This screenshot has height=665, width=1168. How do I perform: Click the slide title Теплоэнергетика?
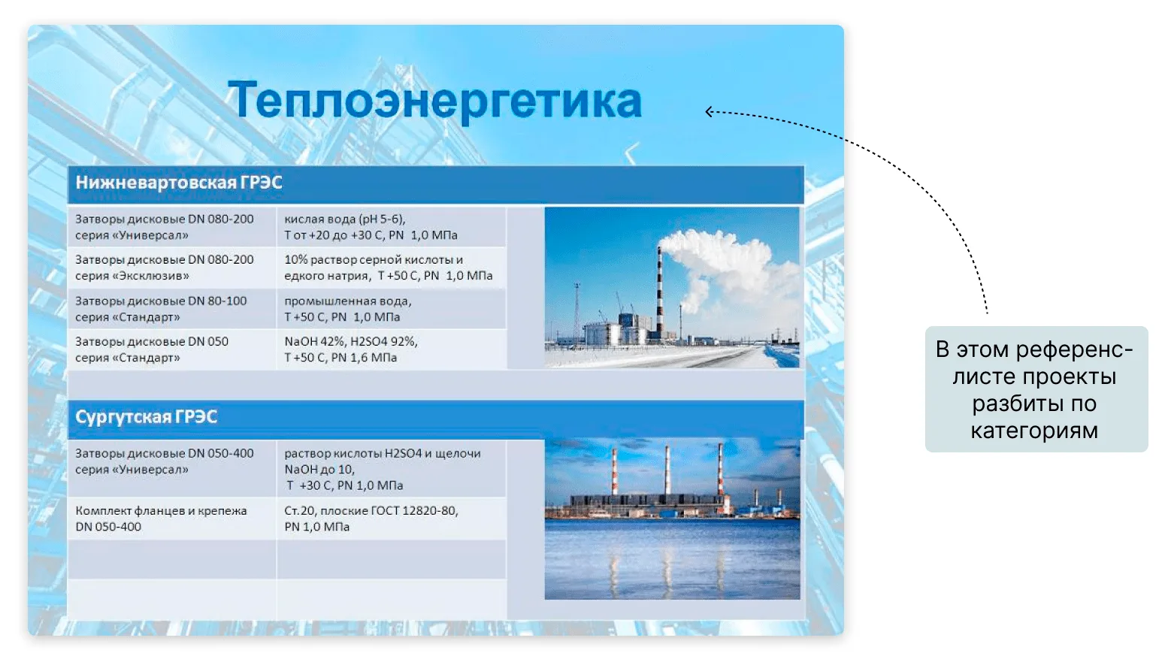[434, 100]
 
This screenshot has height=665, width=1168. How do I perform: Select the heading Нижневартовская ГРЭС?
[179, 183]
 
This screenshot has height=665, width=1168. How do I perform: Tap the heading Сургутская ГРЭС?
[146, 417]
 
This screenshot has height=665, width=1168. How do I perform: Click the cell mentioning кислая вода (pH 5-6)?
[391, 227]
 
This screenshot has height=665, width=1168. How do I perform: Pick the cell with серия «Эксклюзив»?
[171, 268]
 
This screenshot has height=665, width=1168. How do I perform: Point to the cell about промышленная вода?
[391, 309]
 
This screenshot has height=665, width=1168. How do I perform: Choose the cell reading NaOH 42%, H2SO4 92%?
[391, 349]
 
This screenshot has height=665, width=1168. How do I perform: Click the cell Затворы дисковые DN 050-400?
[171, 469]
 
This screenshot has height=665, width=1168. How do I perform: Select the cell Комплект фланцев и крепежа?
[171, 518]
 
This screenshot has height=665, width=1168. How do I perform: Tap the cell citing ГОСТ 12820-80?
[391, 518]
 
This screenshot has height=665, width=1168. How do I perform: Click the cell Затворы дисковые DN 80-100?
[171, 309]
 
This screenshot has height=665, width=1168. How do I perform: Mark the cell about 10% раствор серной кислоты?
[391, 268]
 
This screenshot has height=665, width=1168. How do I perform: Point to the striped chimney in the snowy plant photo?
[660, 292]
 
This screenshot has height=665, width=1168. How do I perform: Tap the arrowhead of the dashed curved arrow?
[709, 111]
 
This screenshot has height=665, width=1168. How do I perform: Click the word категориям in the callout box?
[1034, 431]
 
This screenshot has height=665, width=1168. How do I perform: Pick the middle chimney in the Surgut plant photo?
[667, 470]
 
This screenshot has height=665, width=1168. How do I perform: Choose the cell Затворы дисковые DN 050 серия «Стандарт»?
[171, 349]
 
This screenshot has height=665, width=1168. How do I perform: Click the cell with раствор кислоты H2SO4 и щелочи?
[391, 469]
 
